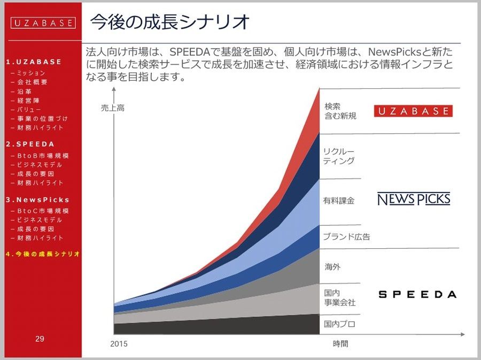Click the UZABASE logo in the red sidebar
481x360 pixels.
click(43, 22)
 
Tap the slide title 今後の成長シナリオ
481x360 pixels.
click(169, 22)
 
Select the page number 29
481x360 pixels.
click(40, 339)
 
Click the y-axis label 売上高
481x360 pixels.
click(113, 108)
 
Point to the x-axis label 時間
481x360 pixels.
click(340, 344)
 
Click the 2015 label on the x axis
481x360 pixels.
click(119, 344)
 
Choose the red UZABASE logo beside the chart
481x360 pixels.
click(413, 111)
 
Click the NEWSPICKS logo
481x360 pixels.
click(414, 199)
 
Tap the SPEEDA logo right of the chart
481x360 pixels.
click(417, 295)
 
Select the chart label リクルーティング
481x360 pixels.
click(339, 156)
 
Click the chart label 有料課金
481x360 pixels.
click(339, 201)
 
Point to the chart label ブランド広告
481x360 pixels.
click(347, 236)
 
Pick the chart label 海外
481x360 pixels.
click(332, 267)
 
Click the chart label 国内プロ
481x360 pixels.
click(339, 324)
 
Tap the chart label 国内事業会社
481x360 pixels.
click(340, 298)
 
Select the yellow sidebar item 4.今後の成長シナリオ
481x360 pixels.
click(43, 254)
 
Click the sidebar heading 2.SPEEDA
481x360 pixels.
click(30, 144)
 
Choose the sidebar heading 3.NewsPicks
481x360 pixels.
click(37, 200)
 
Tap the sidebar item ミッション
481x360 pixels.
click(28, 73)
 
